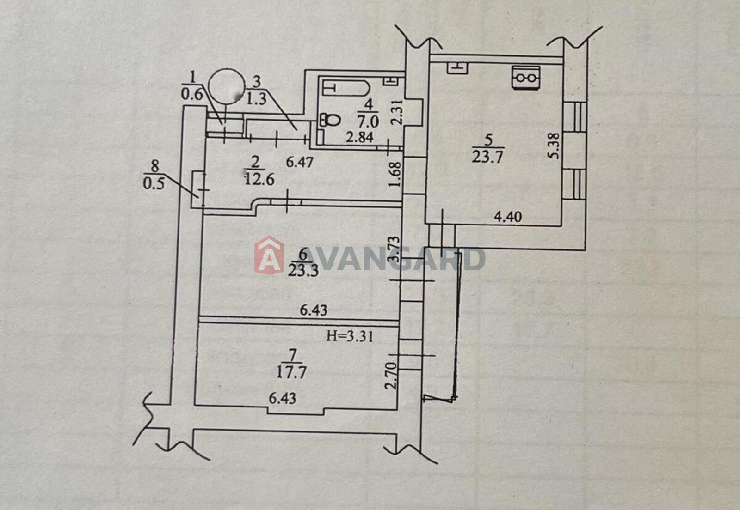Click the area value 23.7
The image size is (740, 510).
click(x=487, y=156)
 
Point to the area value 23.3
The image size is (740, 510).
click(x=303, y=271)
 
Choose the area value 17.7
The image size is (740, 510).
click(x=291, y=372)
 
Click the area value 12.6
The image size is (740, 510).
click(x=259, y=179)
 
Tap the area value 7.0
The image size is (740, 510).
click(x=368, y=122)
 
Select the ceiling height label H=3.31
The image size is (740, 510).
click(x=350, y=336)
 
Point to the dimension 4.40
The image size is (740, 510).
click(x=508, y=217)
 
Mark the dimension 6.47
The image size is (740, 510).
click(x=299, y=162)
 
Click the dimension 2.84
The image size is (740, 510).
click(x=359, y=137)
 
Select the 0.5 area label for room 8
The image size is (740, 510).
click(x=154, y=183)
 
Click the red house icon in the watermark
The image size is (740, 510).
click(x=269, y=255)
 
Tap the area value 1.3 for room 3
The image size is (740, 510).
click(x=256, y=99)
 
